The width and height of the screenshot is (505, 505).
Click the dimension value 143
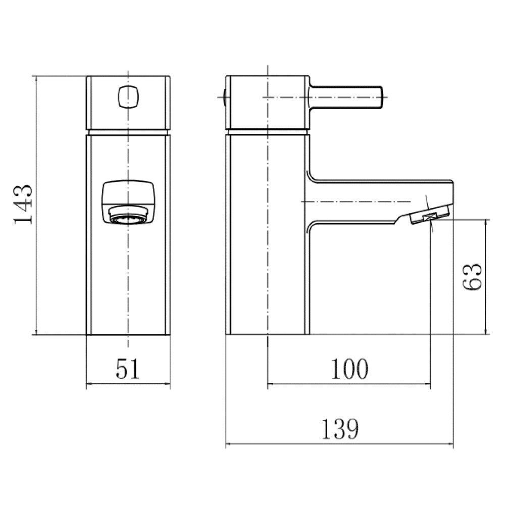click(x=23, y=205)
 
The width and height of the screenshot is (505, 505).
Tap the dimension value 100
click(x=349, y=370)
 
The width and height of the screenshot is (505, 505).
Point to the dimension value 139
click(x=339, y=430)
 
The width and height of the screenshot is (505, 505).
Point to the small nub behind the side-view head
click(x=224, y=97)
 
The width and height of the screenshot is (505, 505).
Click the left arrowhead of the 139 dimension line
click(x=228, y=445)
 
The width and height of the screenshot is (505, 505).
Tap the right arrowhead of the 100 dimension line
click(x=428, y=384)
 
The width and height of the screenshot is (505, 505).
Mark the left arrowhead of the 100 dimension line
click(x=270, y=384)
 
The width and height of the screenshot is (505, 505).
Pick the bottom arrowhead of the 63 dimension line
click(x=486, y=331)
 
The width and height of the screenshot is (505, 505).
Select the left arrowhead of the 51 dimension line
click(x=90, y=384)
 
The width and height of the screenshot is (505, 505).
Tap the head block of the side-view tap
click(x=267, y=103)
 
